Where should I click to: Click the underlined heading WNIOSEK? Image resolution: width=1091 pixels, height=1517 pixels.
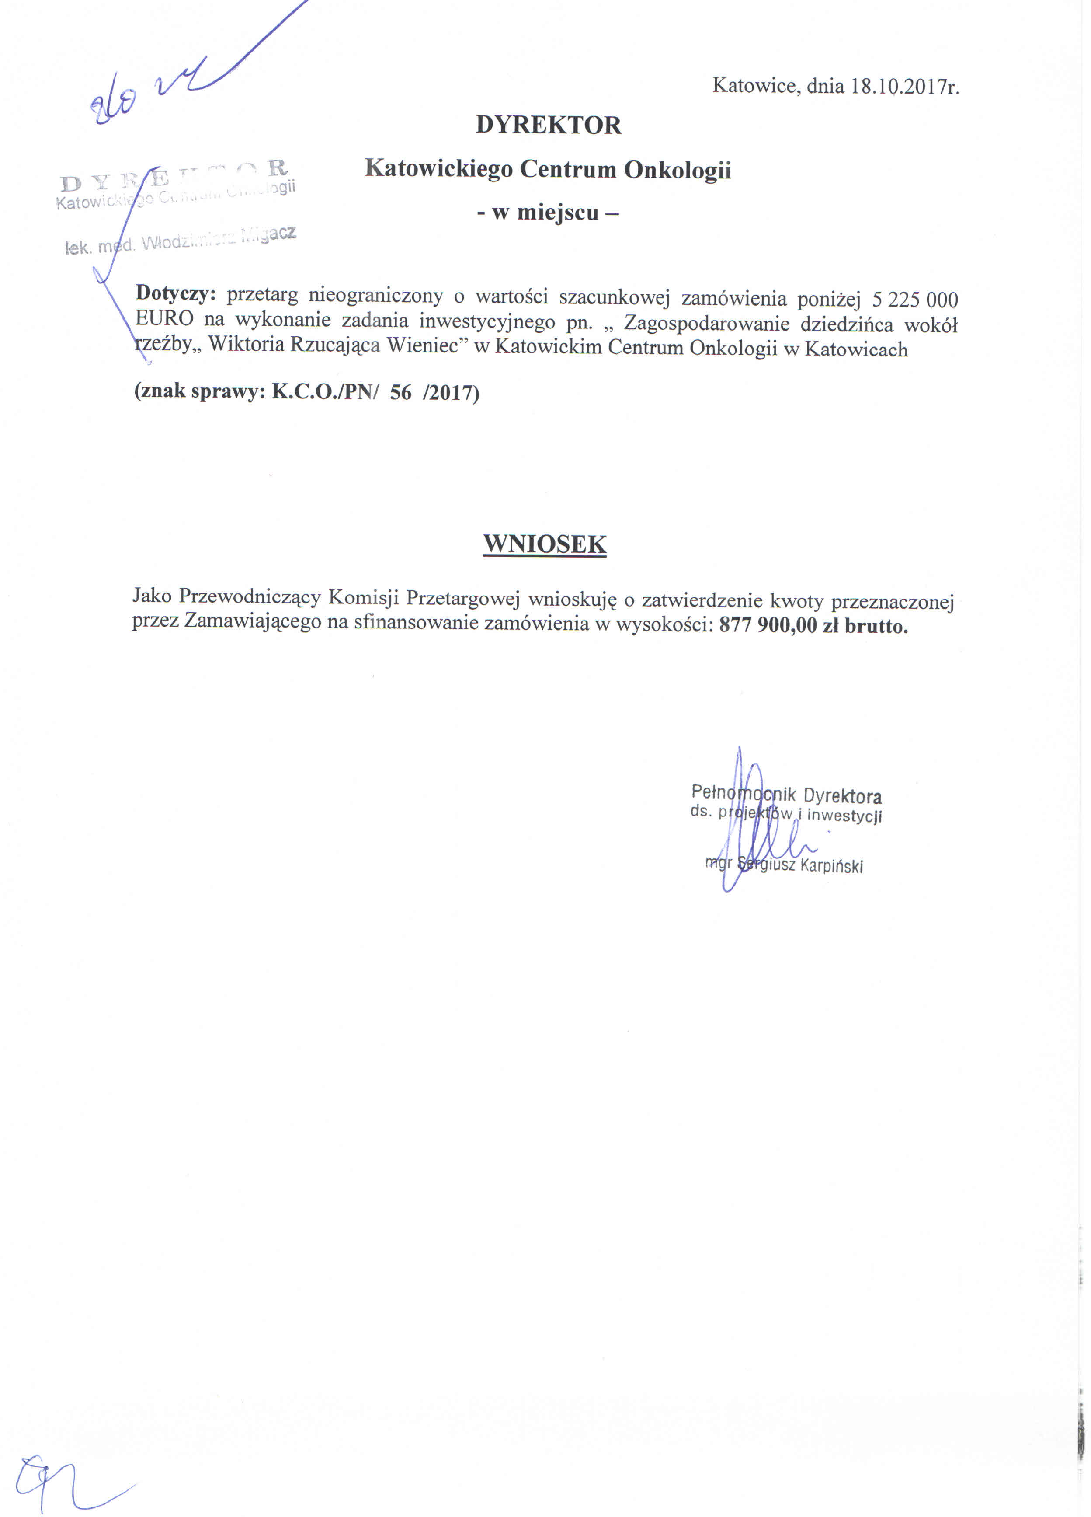pos(545,544)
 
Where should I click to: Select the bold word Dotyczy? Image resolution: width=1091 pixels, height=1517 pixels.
pos(176,293)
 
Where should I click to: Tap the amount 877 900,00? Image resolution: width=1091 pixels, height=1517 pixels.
pos(768,626)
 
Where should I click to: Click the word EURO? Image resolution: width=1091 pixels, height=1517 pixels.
pos(164,318)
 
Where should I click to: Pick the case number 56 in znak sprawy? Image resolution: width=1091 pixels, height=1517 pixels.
pos(400,392)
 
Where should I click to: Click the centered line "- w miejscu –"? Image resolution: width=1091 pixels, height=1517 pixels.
pos(548,213)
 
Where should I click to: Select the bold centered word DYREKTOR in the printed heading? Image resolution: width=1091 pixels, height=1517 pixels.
pos(548,125)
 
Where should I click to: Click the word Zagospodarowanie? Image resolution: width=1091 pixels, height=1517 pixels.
pos(707,324)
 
